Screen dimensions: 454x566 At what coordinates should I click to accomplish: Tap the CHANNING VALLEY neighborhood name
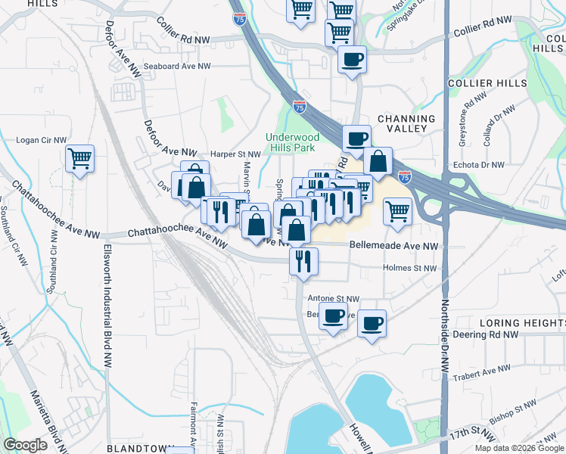click(406, 123)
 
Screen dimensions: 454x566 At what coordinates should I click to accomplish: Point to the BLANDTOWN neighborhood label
click(136, 448)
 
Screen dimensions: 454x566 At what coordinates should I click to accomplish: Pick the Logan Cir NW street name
click(42, 140)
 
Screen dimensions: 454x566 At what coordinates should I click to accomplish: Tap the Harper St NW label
click(235, 154)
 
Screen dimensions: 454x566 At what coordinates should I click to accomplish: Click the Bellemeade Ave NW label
click(393, 247)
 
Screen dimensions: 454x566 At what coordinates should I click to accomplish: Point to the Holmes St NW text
click(409, 268)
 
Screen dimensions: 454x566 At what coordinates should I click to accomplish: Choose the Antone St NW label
click(333, 300)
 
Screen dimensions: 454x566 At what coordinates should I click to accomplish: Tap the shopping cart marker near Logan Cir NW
click(79, 159)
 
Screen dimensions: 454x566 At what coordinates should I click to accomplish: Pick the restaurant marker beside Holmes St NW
click(303, 261)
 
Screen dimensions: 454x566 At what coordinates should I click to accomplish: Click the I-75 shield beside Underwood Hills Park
click(300, 108)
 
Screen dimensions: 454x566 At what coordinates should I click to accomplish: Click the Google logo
click(26, 445)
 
